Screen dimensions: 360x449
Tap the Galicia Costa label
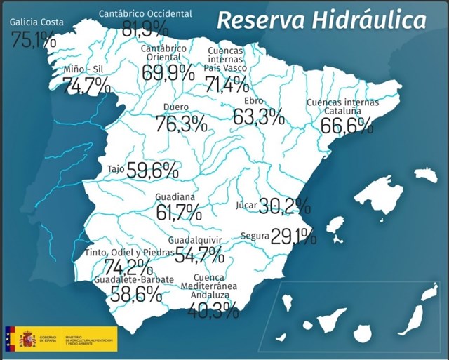coord(36,22)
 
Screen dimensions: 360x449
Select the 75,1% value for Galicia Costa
coord(34,39)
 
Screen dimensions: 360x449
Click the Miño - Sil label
coord(83,69)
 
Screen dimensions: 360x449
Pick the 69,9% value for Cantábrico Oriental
coord(169,72)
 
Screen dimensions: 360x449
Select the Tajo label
coord(116,169)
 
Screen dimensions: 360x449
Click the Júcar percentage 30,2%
coord(284,206)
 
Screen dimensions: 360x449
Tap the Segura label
coord(255,236)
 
